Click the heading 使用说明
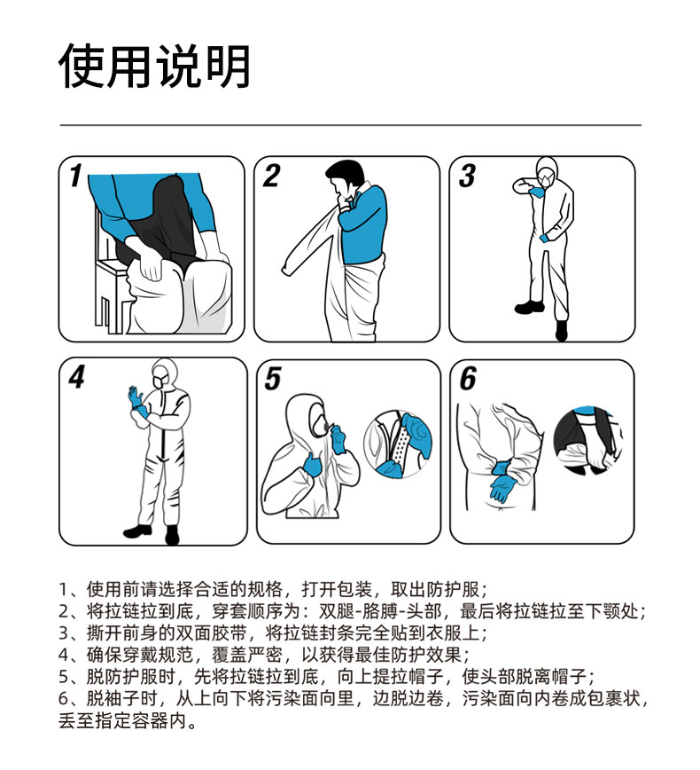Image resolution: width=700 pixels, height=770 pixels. [x=154, y=66]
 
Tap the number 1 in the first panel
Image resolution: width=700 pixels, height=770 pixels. [x=75, y=176]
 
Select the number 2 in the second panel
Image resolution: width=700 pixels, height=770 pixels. [x=271, y=176]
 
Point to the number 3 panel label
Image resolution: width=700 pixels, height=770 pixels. [x=467, y=176]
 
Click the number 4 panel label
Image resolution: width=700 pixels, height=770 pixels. [x=76, y=377]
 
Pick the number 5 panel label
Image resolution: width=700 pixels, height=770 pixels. [x=273, y=379]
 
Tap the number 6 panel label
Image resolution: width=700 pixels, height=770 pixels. [x=468, y=379]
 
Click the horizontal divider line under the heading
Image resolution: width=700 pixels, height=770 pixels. [x=350, y=125]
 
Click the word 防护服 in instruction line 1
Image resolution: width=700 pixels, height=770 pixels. [x=453, y=589]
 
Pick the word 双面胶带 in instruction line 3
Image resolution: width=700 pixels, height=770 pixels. [x=212, y=632]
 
